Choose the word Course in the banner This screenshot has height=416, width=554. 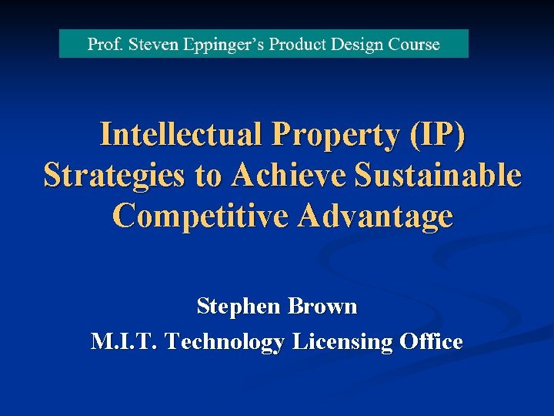(412, 44)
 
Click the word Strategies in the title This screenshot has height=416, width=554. (114, 176)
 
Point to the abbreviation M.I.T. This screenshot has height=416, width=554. (124, 341)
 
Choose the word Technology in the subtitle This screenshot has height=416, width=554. (225, 342)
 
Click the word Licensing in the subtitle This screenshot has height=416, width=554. (342, 342)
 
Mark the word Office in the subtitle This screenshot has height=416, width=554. (431, 341)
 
